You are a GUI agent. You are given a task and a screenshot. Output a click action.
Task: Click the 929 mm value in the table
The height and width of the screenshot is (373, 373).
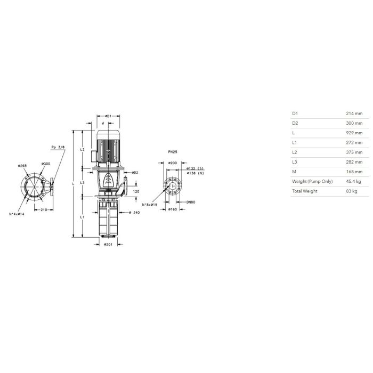354,133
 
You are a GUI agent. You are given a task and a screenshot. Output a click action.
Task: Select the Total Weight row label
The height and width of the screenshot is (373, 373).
305,191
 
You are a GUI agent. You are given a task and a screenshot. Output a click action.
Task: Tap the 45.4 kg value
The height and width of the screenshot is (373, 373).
353,181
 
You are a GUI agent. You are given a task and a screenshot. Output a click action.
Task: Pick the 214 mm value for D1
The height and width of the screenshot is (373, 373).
354,113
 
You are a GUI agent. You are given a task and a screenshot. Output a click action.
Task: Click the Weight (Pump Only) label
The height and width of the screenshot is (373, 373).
312,181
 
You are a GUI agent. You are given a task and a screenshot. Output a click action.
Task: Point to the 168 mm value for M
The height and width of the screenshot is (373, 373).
354,172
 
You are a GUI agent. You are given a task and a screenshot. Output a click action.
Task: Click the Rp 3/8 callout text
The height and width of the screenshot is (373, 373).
58,147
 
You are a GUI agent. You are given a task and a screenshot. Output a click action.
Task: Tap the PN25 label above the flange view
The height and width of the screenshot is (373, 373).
173,152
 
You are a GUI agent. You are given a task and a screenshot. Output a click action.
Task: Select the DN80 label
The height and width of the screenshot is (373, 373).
191,202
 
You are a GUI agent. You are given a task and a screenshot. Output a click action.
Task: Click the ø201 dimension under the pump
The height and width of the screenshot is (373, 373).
108,245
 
